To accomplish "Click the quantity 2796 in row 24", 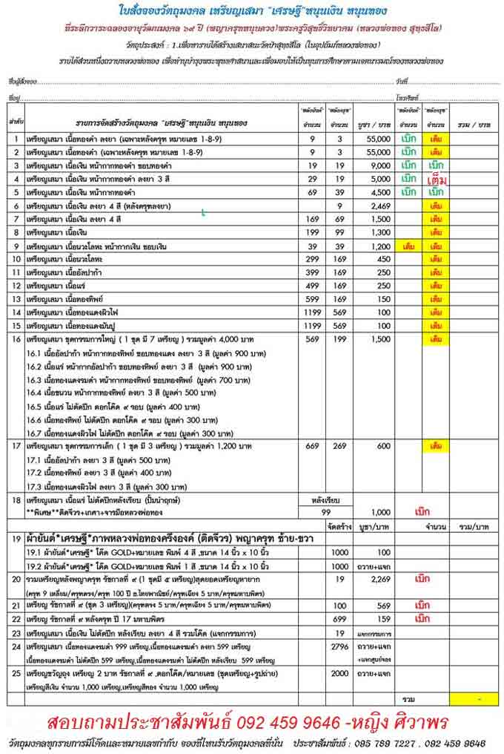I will point(340,648).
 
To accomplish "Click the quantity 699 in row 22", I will point(340,618).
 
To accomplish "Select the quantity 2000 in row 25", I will point(340,675).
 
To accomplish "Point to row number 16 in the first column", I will point(15,339).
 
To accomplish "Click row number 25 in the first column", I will point(15,675).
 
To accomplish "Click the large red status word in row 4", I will point(437,179).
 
